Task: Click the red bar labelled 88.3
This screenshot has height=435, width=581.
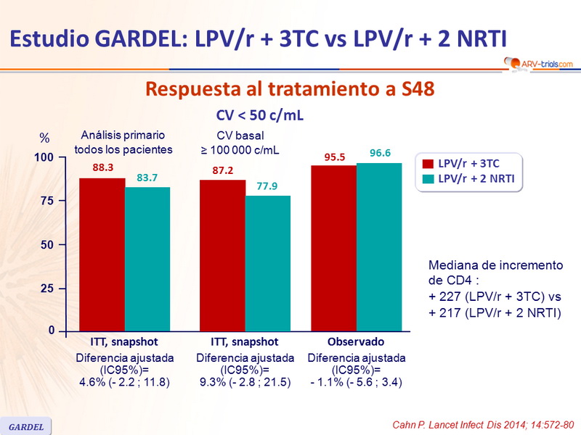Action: coord(102,254)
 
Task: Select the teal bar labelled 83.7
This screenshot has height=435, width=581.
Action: coord(147,259)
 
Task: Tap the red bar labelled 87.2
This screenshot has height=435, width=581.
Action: coord(222,255)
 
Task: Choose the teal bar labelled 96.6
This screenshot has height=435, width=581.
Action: coord(378,246)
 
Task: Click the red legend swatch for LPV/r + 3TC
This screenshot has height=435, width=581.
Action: coord(428,164)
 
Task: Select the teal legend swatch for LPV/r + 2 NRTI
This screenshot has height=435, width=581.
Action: coord(428,178)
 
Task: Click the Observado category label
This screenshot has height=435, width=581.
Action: coord(356,341)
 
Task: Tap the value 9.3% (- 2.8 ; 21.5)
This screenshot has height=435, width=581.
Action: coord(245,382)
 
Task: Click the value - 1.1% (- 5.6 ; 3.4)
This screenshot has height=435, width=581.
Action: coord(356,382)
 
